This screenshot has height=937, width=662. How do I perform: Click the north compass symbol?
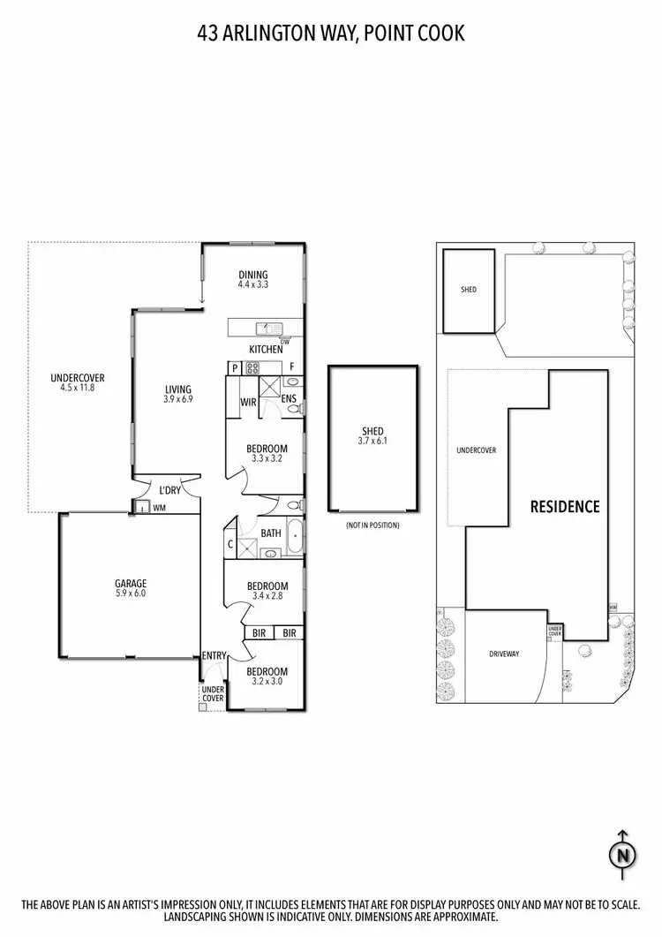[x=622, y=854]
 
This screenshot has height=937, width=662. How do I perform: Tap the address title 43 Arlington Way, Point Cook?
[x=331, y=34]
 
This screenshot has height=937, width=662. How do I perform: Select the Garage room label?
[x=130, y=583]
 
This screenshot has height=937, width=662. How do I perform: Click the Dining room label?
[x=252, y=275]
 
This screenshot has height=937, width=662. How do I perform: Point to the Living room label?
[x=177, y=389]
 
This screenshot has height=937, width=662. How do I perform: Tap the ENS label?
[x=289, y=399]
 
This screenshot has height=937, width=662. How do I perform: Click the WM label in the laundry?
[x=160, y=508]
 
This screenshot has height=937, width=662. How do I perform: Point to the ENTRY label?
[x=214, y=655]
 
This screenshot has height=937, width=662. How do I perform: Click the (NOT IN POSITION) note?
[x=372, y=525]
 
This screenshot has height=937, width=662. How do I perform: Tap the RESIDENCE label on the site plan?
[x=564, y=506]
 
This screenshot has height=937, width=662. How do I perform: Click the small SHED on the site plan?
[x=469, y=290]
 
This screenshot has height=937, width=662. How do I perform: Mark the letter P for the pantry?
[x=236, y=367]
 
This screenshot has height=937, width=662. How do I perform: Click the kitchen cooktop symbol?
[x=252, y=367]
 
